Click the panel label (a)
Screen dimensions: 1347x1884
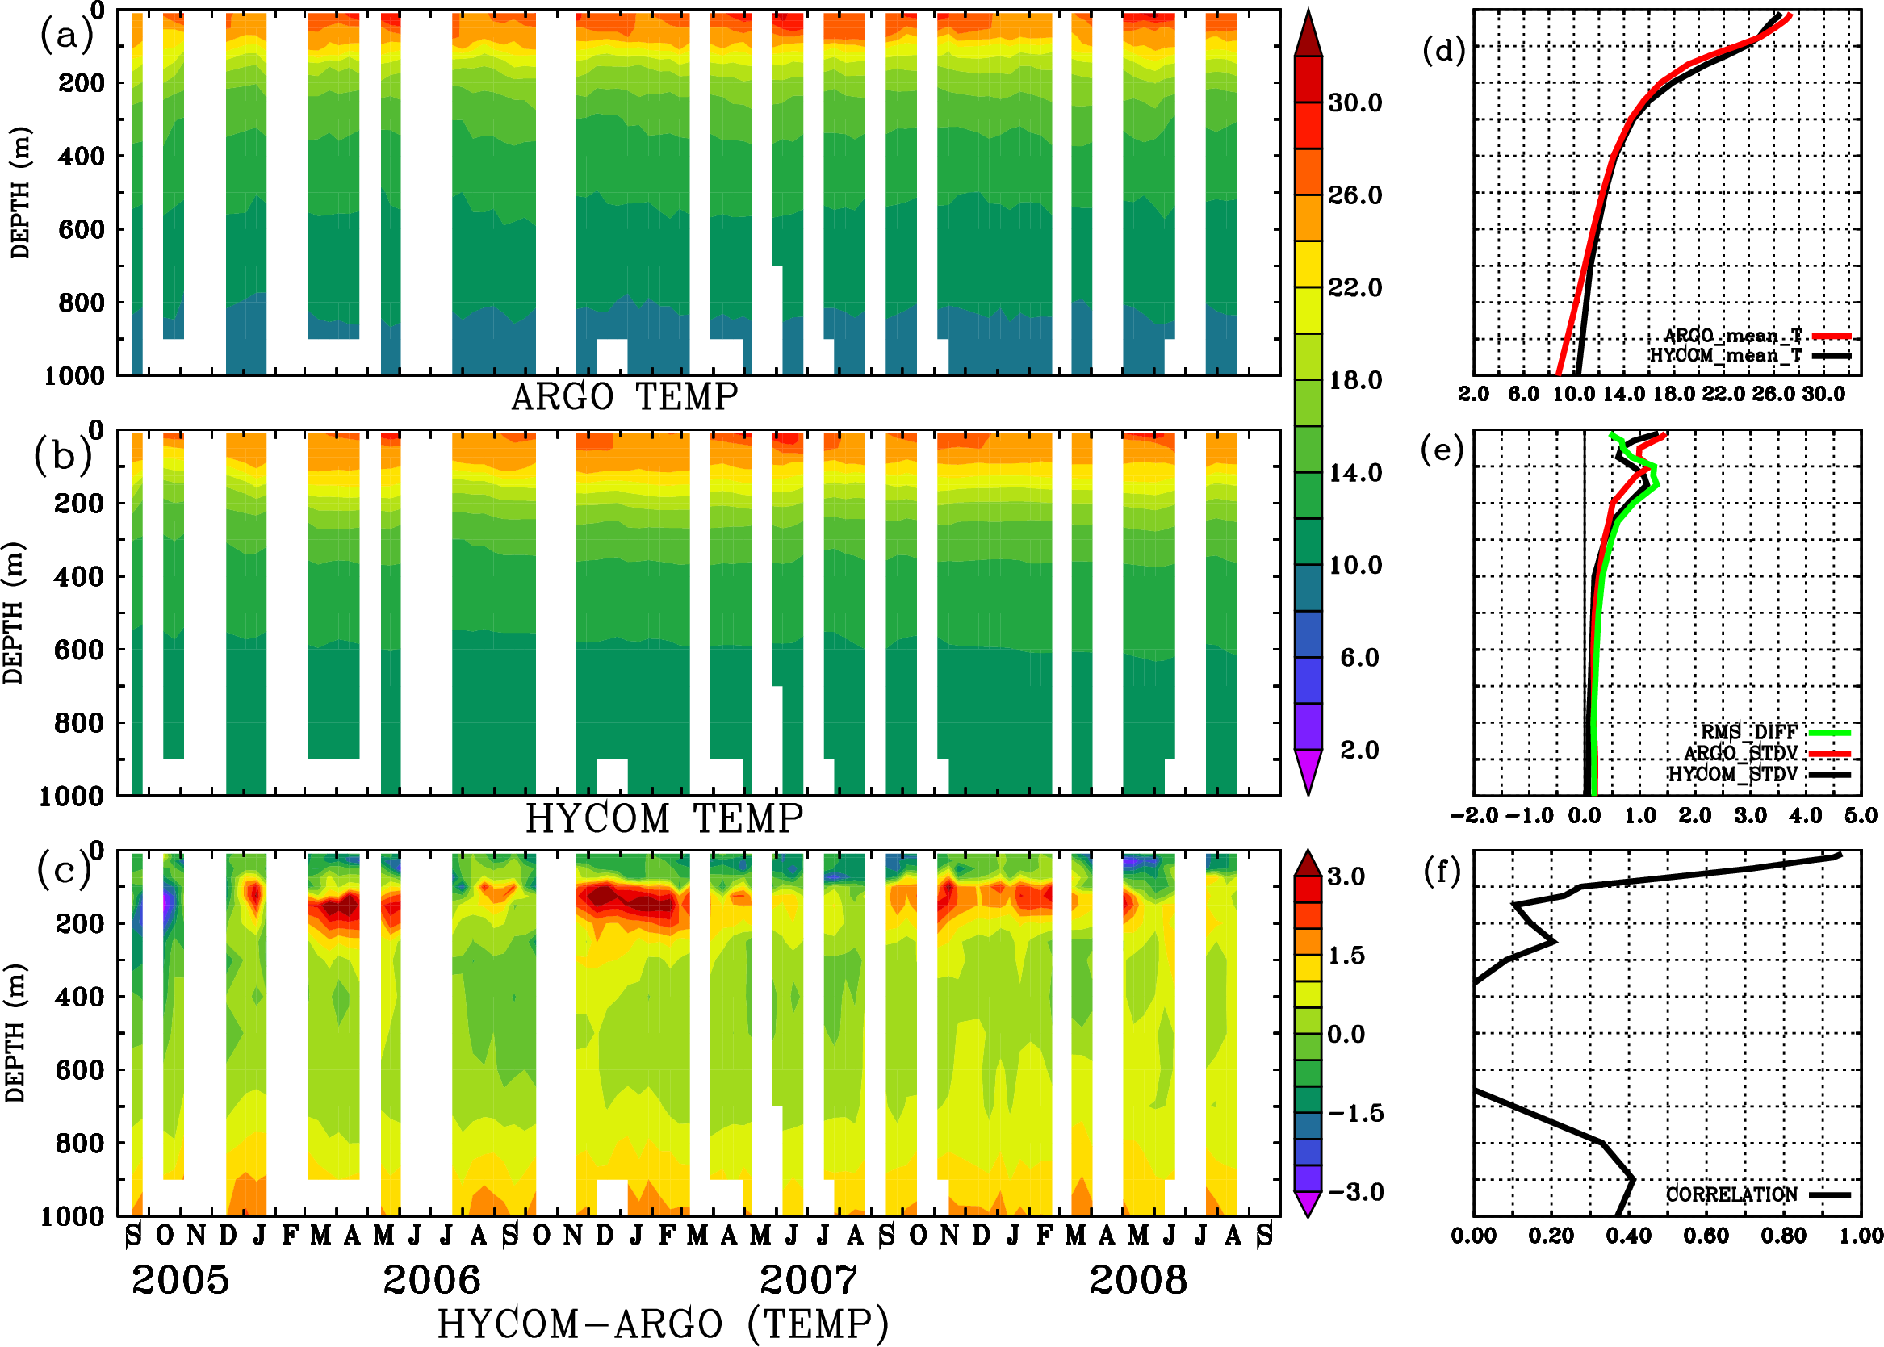pos(65,36)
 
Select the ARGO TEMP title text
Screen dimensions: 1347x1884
pos(624,397)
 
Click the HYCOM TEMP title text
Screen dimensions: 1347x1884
pos(664,818)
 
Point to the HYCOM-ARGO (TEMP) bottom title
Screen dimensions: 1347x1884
pos(662,1324)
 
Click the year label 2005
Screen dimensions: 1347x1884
pos(180,1280)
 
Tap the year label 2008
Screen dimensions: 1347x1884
pos(1137,1280)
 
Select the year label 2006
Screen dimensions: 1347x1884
pos(431,1280)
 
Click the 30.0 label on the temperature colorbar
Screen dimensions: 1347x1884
pos(1354,102)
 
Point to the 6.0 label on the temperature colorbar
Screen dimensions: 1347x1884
pos(1359,658)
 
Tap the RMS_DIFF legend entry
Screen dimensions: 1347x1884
pos(1748,732)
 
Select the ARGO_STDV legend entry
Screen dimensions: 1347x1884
pos(1740,753)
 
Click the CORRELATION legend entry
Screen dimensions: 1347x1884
pos(1731,1194)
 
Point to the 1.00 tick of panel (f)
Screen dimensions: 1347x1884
pos(1861,1236)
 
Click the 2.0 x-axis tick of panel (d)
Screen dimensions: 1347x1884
pos(1473,394)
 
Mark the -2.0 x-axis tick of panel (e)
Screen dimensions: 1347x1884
pos(1473,815)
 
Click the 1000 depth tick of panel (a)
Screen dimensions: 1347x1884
pos(74,376)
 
